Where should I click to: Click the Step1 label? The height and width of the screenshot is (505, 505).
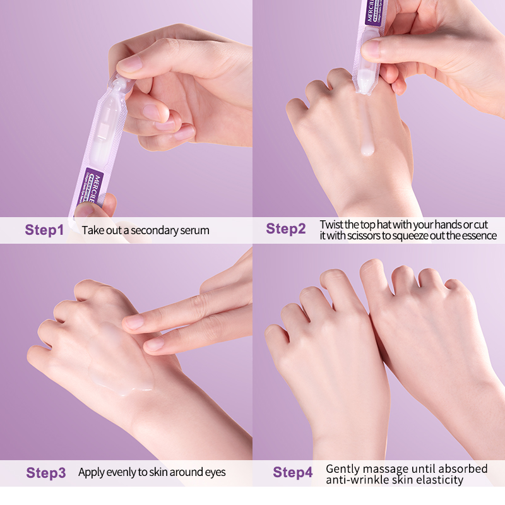44,230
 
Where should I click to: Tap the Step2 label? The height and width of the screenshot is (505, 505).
285,229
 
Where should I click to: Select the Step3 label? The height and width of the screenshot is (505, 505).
45,472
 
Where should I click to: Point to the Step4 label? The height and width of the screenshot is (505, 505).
292,472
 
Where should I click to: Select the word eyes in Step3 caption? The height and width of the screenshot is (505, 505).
214,472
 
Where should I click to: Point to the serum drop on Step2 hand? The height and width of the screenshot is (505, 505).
365,150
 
